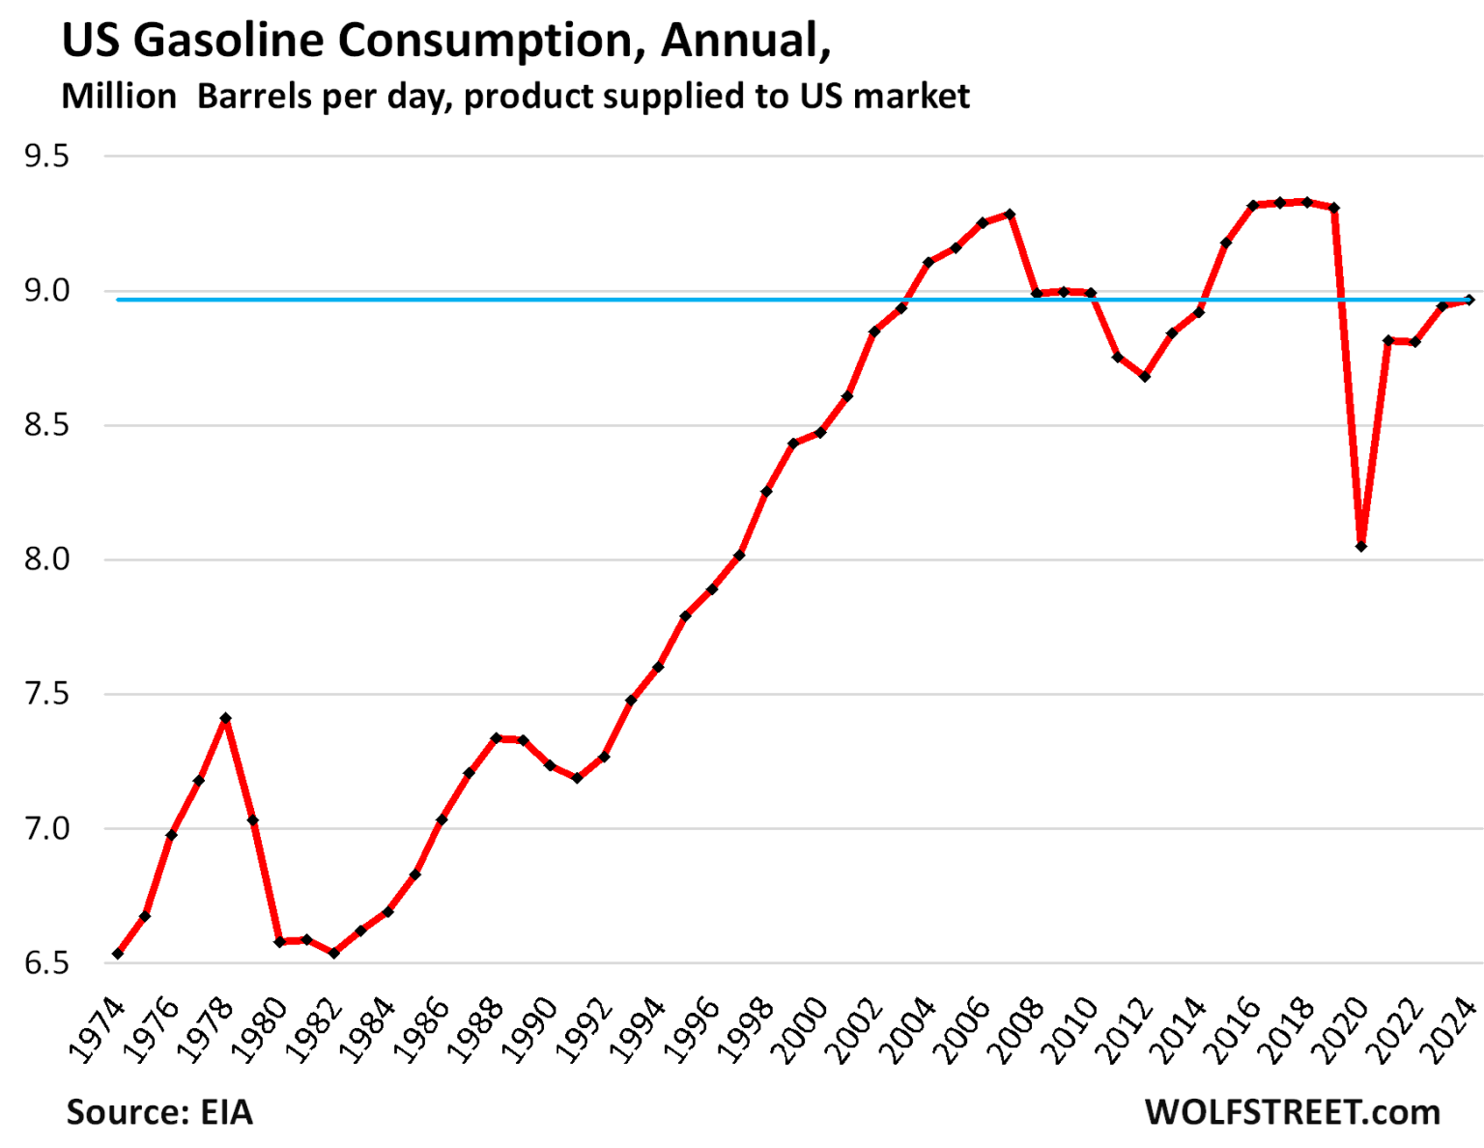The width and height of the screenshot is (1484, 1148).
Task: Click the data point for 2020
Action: pyautogui.click(x=1361, y=546)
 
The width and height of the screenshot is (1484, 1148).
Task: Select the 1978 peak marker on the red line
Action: pyautogui.click(x=225, y=718)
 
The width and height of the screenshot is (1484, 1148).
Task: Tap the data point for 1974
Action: pyautogui.click(x=118, y=954)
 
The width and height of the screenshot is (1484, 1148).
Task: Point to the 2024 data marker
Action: pyautogui.click(x=1470, y=300)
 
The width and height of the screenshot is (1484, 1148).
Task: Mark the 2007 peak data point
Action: pyautogui.click(x=1010, y=214)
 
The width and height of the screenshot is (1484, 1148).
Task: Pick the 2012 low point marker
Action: pyautogui.click(x=1145, y=377)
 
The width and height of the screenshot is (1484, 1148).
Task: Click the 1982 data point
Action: pyautogui.click(x=334, y=953)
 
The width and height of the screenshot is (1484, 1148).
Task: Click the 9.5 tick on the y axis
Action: pyautogui.click(x=47, y=157)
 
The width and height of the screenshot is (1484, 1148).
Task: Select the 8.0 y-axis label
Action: pyautogui.click(x=47, y=560)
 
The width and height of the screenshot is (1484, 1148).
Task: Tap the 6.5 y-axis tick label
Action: pyautogui.click(x=47, y=963)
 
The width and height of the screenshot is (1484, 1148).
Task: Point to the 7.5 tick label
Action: pyautogui.click(x=47, y=694)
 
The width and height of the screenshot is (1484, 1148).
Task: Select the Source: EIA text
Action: pyautogui.click(x=159, y=1112)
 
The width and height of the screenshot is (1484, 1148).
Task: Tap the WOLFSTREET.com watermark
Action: pyautogui.click(x=1292, y=1112)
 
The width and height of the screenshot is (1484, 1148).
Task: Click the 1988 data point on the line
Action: pyautogui.click(x=496, y=738)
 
